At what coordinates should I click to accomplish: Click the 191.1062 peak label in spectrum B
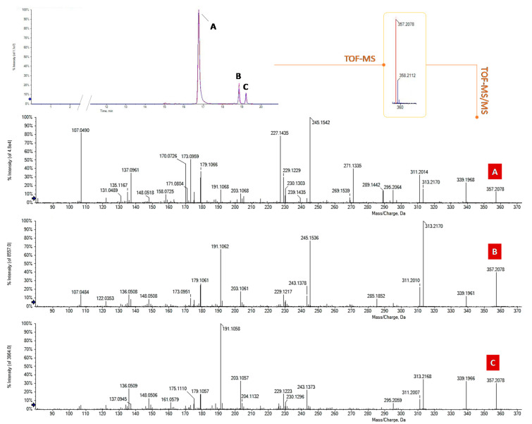234,246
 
